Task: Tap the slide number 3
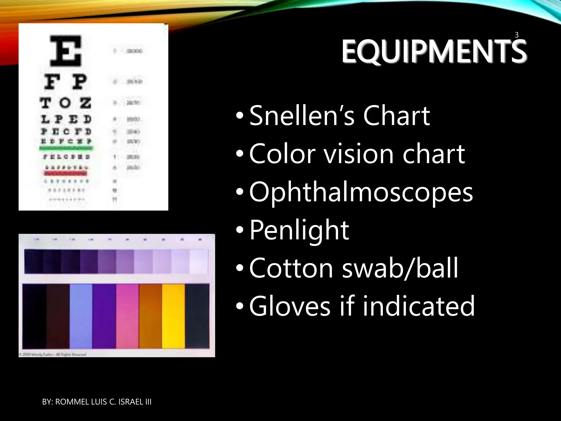517,35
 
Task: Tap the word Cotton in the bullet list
291,268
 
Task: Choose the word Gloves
290,306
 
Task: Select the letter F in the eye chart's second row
51,82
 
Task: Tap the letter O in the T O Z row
65,103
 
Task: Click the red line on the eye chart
65,173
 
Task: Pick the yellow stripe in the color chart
173,316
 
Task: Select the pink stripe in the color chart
127,316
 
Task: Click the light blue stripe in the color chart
81,316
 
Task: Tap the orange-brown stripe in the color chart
150,316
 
